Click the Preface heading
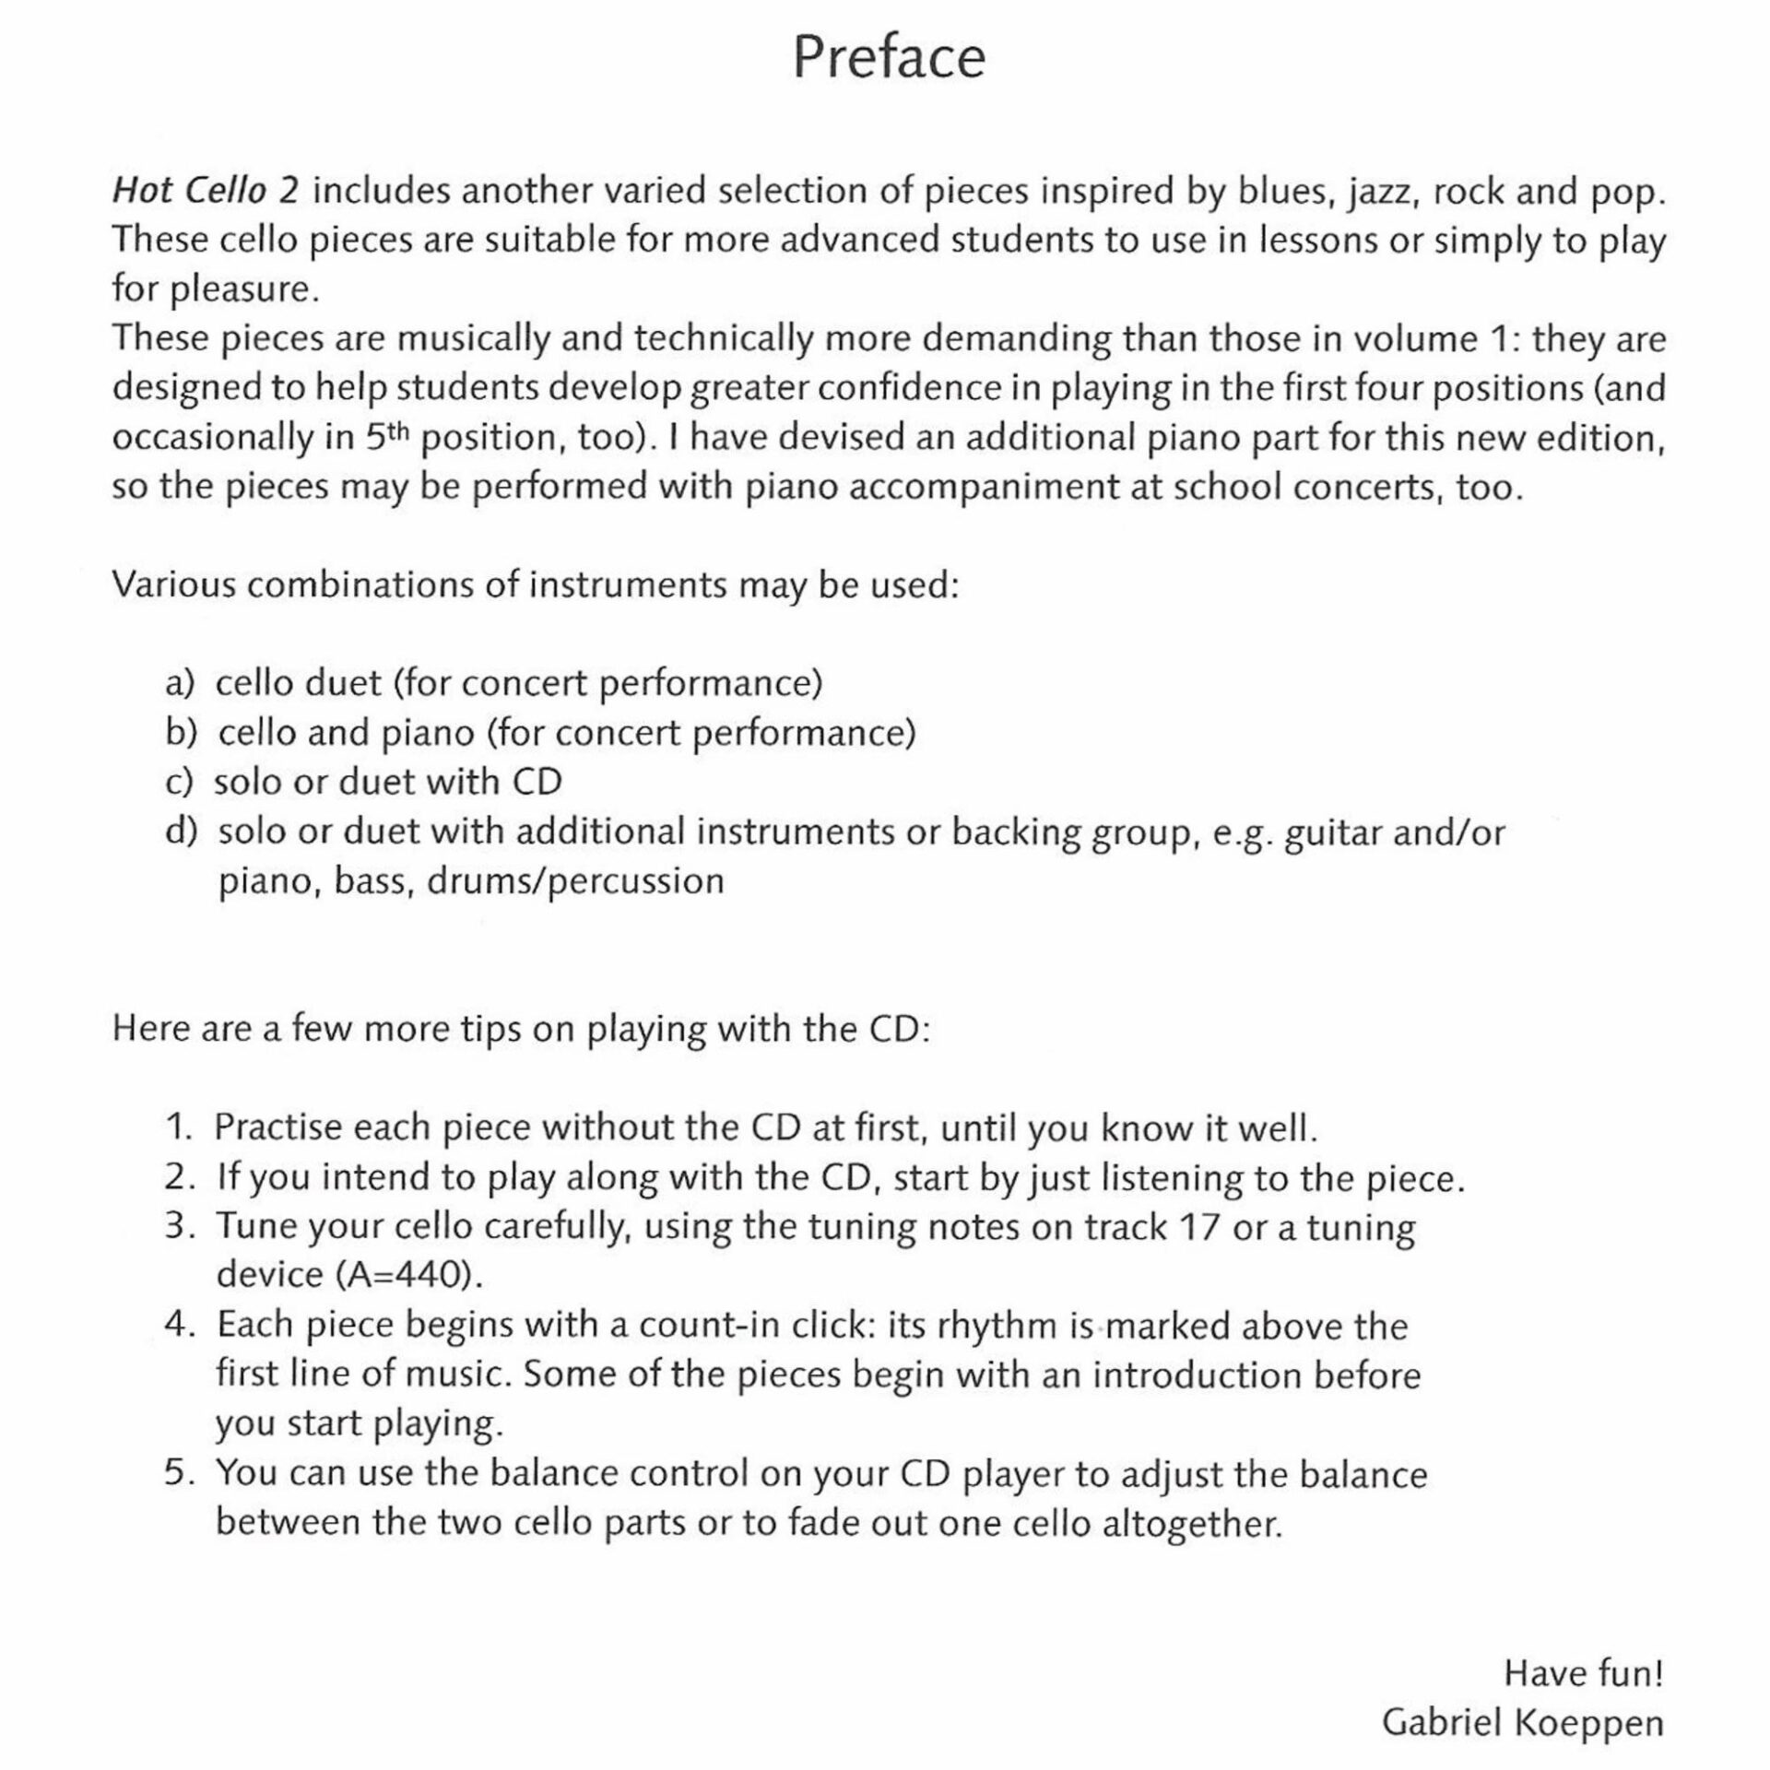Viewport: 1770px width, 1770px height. [889, 57]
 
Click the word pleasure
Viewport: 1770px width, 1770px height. [244, 290]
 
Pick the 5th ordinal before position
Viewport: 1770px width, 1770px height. [386, 436]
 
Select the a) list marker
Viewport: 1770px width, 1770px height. [181, 683]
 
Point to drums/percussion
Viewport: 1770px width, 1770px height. [575, 881]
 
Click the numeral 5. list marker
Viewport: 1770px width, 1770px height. [180, 1472]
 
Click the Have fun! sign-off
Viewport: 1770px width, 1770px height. [1583, 1673]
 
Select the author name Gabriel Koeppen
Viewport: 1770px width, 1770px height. [1522, 1723]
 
